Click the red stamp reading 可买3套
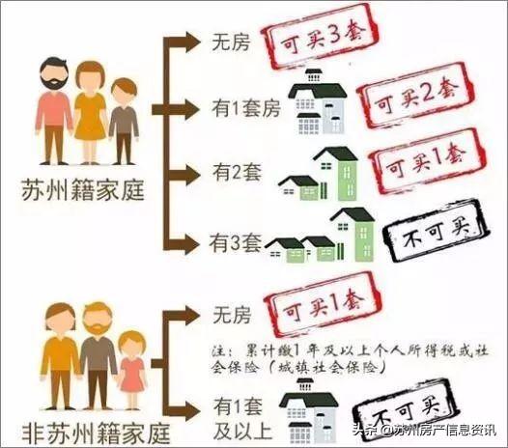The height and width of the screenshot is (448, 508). click(319, 38)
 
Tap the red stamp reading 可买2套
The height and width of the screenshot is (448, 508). click(415, 96)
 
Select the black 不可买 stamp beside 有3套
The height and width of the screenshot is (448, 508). click(436, 231)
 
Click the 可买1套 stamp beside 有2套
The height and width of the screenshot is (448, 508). click(427, 160)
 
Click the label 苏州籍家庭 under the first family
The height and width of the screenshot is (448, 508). click(83, 190)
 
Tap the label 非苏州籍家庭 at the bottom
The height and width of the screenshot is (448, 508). click(96, 433)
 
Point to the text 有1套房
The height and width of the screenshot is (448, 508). click(246, 108)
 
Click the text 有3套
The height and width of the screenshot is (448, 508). click(236, 243)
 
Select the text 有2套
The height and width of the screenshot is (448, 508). click(238, 172)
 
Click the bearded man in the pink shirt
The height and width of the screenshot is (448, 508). click(54, 111)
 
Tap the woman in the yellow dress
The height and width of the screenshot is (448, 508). click(91, 113)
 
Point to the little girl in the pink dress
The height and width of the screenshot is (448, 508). click(132, 370)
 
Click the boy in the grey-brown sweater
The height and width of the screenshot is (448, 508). click(124, 121)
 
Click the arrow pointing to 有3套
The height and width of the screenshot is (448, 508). click(183, 244)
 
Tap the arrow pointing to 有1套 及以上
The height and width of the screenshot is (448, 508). click(183, 410)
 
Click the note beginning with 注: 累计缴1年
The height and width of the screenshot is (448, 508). click(351, 359)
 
